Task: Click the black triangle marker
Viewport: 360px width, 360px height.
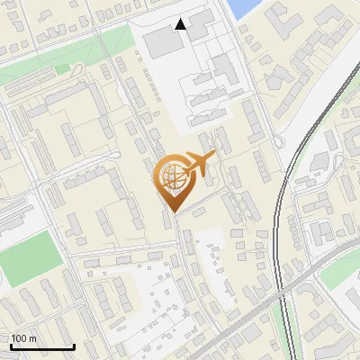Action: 181,24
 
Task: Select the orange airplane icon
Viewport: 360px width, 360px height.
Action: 199,163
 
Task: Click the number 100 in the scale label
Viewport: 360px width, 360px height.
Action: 18,338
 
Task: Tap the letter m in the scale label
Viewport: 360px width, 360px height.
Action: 31,338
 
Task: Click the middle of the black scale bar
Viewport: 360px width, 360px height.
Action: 41,346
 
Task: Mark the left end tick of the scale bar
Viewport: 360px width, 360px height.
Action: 10,346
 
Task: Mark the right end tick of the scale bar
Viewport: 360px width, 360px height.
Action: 74,346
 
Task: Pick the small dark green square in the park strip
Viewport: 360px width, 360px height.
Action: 61,68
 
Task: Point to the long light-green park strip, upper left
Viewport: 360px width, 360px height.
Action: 72,49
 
